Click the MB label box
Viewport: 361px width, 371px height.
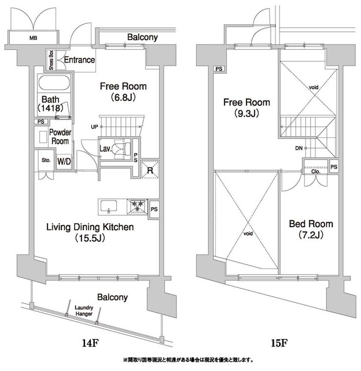34,38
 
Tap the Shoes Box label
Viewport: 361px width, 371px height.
51,60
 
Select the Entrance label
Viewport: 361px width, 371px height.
79,60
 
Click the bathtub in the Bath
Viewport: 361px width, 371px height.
54,83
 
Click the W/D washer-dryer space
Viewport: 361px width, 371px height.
64,162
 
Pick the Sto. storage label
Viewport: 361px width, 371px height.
46,160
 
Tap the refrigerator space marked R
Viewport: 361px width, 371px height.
150,170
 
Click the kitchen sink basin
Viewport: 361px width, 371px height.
109,206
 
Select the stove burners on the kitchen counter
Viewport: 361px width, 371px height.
138,206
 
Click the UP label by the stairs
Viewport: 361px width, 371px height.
94,127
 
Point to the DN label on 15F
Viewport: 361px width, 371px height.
299,148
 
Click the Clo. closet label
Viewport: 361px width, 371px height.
316,172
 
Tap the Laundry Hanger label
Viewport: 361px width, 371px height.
84,311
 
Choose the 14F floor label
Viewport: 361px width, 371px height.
90,343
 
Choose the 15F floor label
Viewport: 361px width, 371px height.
279,343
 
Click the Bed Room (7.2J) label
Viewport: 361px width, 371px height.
311,229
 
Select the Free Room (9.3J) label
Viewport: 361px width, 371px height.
246,108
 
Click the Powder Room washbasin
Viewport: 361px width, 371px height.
43,137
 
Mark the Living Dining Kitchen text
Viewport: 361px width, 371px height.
90,227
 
